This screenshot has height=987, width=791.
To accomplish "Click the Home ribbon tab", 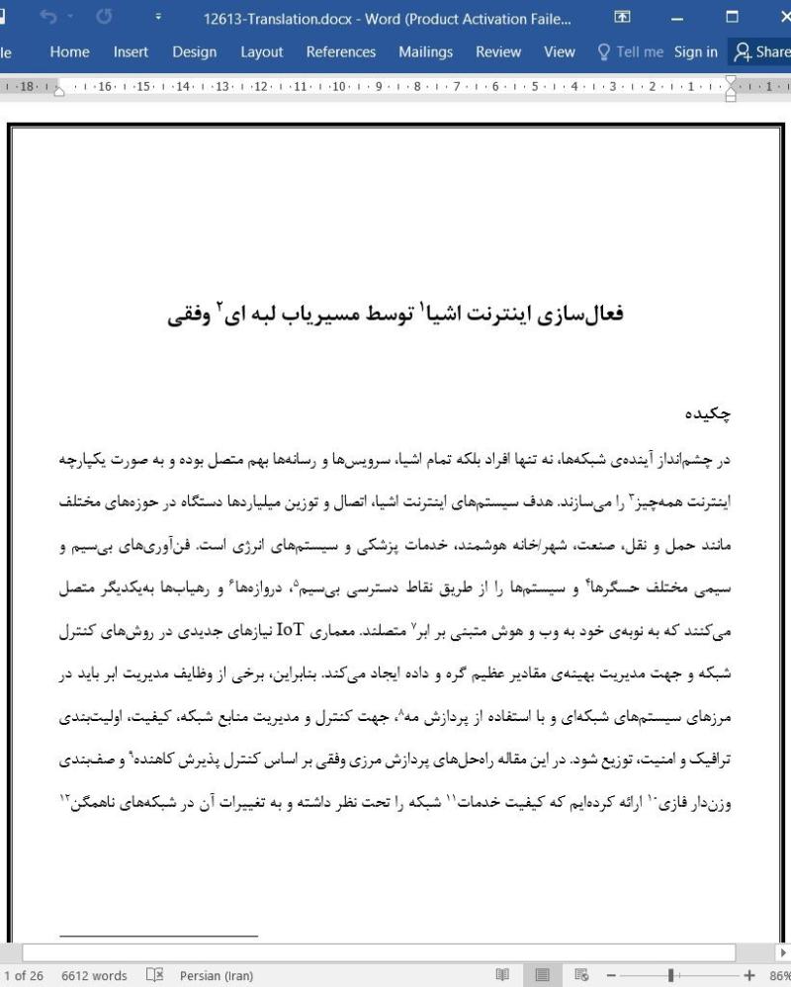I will pos(69,52).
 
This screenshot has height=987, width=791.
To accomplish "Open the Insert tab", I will pos(131,52).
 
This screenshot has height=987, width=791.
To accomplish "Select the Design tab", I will pos(194,52).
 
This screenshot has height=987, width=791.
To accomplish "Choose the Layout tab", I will pos(261,52).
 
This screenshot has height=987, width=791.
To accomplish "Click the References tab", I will pos(340,52).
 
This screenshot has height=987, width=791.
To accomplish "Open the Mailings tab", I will pos(425,52).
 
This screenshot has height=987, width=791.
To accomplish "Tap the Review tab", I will pos(498,52).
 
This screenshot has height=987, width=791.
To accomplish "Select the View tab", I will pos(560,52).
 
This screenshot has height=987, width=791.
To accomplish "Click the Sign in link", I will pos(696,52).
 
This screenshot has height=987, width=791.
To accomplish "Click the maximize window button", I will pos(732,18).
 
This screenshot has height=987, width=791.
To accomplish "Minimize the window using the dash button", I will pos(677,18).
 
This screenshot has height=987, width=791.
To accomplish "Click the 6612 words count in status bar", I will pos(94,976).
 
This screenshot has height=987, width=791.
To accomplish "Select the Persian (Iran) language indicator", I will pos(216,976).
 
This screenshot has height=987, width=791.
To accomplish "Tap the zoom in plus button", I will pos(748,976).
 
